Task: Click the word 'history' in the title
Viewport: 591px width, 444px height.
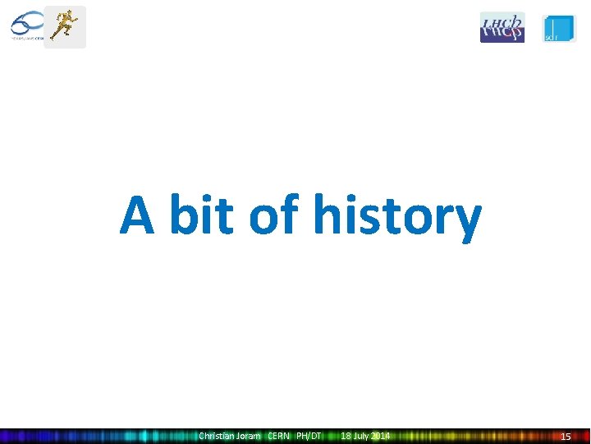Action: pyautogui.click(x=396, y=215)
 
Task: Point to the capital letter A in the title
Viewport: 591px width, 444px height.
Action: pyautogui.click(x=139, y=215)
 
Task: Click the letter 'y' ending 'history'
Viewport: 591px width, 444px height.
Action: pyautogui.click(x=467, y=220)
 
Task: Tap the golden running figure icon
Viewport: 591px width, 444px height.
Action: pyautogui.click(x=64, y=26)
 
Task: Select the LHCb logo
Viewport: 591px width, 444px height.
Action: pyautogui.click(x=502, y=27)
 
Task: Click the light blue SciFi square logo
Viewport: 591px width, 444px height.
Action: pyautogui.click(x=559, y=28)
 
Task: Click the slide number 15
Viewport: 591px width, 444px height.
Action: pyautogui.click(x=566, y=436)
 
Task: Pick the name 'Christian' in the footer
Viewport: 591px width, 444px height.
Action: pyautogui.click(x=218, y=436)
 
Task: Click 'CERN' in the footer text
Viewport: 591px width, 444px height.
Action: pyautogui.click(x=279, y=436)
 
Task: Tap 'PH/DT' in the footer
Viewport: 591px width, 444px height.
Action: pyautogui.click(x=309, y=436)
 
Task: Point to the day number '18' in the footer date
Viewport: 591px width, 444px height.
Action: pyautogui.click(x=346, y=436)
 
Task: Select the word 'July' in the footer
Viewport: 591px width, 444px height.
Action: pyautogui.click(x=361, y=436)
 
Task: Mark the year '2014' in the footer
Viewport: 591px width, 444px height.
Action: pyautogui.click(x=380, y=436)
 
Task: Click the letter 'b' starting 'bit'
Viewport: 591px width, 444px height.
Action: pyautogui.click(x=182, y=215)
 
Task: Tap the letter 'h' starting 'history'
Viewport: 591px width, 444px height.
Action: pyautogui.click(x=327, y=215)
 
